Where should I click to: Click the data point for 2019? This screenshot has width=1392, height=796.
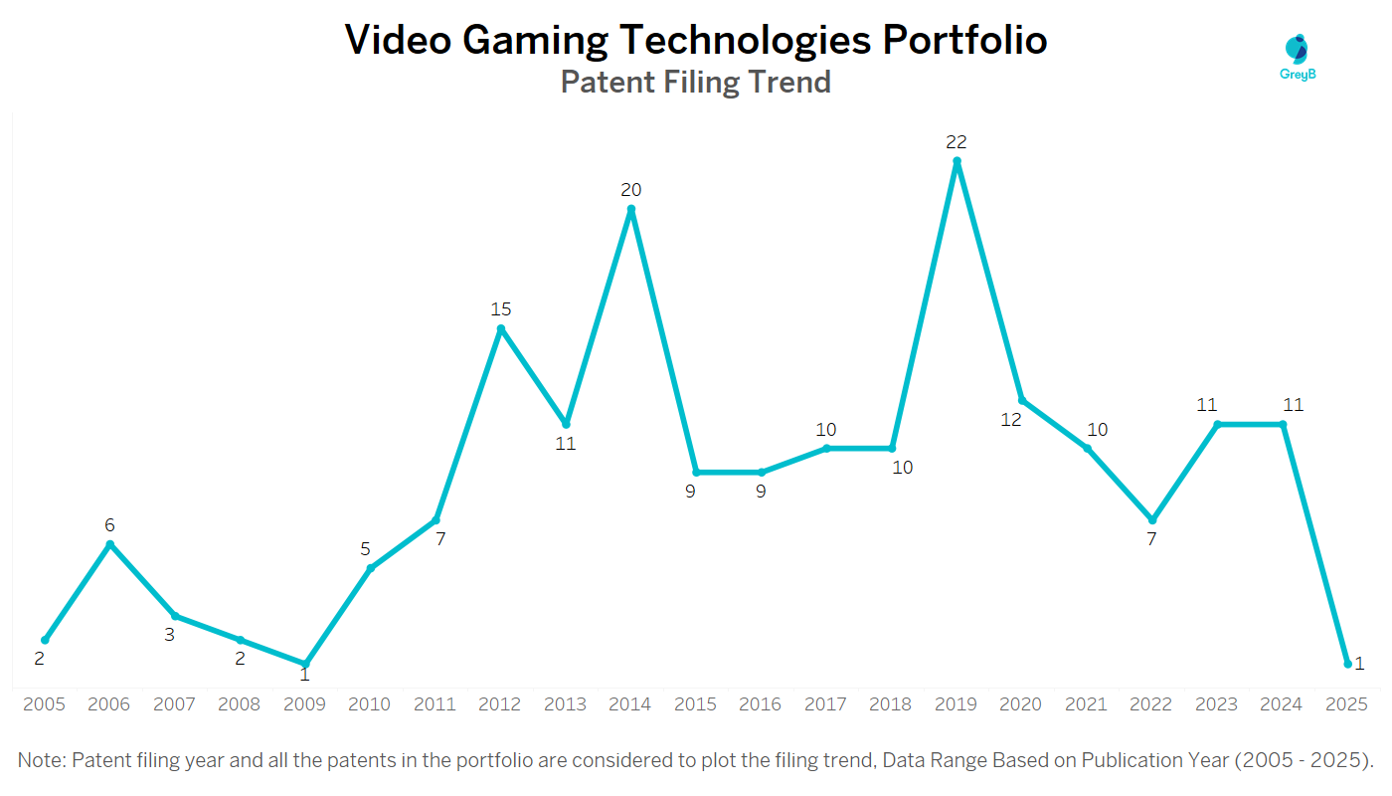[x=957, y=161]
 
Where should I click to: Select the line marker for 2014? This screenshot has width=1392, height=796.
[x=631, y=209]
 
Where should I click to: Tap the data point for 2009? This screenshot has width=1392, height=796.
[x=305, y=664]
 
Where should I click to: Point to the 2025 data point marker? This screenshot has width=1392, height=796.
[x=1347, y=664]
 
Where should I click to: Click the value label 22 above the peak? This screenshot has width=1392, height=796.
[x=957, y=142]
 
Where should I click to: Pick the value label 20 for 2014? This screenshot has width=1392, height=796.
[x=631, y=190]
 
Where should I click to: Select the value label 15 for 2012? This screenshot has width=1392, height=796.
[x=501, y=309]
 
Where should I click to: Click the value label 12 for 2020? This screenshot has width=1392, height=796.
[x=1011, y=420]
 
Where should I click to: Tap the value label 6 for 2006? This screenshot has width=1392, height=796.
[x=110, y=525]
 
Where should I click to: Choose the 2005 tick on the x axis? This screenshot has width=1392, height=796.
[x=44, y=704]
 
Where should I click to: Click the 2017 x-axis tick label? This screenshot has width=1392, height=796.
[x=825, y=704]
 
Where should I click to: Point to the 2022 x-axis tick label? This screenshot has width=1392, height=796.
[x=1151, y=704]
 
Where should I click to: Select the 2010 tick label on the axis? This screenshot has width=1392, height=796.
[x=370, y=704]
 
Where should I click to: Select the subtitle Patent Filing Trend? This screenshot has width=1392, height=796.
[x=695, y=82]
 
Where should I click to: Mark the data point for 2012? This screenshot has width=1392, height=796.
[x=501, y=328]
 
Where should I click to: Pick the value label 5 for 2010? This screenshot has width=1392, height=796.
[x=366, y=549]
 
